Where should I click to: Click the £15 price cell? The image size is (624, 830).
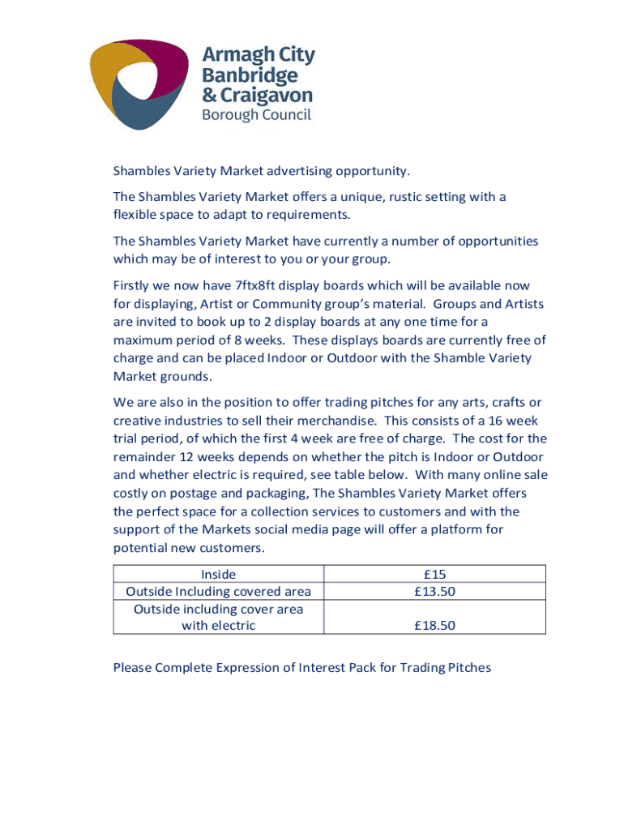point(434,575)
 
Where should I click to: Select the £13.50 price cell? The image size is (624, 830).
point(434,592)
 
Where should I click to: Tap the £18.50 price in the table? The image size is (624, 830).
point(434,625)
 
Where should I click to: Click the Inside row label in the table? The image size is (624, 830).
point(219,575)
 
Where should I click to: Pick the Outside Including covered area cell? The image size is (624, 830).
point(219,592)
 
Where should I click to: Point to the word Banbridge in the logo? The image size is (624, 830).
point(250,76)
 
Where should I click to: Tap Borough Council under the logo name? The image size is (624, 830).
point(256,115)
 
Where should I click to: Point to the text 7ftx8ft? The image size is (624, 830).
point(257,285)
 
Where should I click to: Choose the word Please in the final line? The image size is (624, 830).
point(133,668)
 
